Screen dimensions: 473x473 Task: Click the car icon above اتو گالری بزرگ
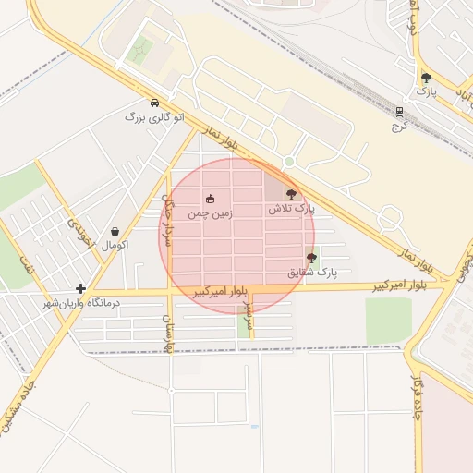pyautogui.click(x=154, y=103)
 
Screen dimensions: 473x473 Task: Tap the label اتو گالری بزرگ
pyautogui.click(x=154, y=118)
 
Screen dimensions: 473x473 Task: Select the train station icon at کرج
pyautogui.click(x=399, y=110)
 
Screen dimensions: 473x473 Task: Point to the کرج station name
pyautogui.click(x=399, y=124)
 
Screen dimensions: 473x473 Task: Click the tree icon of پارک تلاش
pyautogui.click(x=292, y=194)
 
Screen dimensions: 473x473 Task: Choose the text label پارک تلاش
pyautogui.click(x=292, y=210)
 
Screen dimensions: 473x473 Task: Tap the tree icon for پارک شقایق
pyautogui.click(x=311, y=258)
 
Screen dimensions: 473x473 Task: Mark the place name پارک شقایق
pyautogui.click(x=312, y=273)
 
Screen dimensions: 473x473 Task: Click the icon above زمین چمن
pyautogui.click(x=210, y=199)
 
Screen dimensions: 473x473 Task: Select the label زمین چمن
pyautogui.click(x=210, y=213)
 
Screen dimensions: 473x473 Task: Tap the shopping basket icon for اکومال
pyautogui.click(x=115, y=231)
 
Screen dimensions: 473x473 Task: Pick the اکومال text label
pyautogui.click(x=115, y=245)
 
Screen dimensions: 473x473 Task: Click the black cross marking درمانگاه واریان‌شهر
pyautogui.click(x=81, y=289)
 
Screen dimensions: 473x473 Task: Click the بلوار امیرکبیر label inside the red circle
pyautogui.click(x=221, y=292)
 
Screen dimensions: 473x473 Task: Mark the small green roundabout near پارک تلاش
pyautogui.click(x=289, y=162)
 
